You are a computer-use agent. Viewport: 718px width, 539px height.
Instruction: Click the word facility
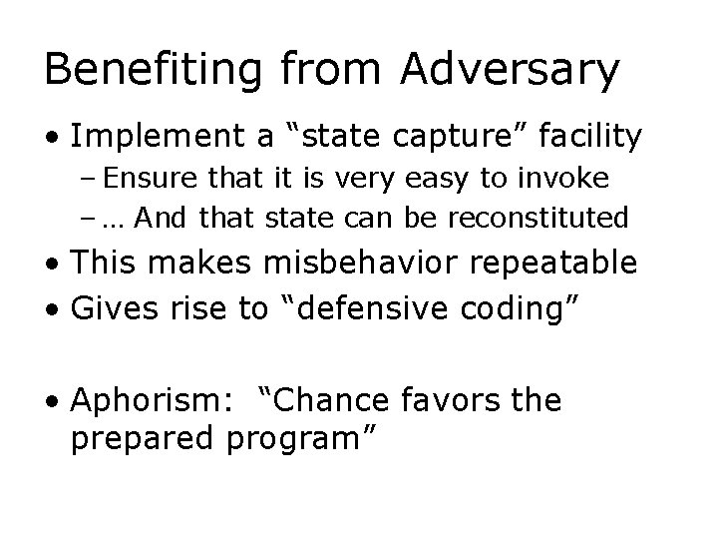pyautogui.click(x=594, y=138)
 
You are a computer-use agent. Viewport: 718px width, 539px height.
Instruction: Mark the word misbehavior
pyautogui.click(x=352, y=263)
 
